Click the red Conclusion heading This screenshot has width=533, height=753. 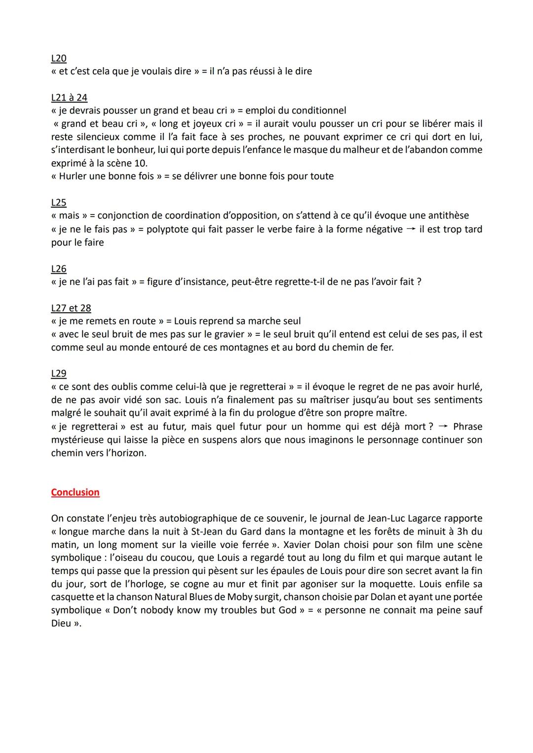75,492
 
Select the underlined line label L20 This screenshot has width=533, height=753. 58,58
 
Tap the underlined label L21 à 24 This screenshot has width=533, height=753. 69,98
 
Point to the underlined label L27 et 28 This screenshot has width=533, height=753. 71,308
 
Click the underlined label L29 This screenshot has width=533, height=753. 58,374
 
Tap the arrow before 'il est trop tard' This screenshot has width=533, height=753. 411,229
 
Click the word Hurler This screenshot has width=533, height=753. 73,176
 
